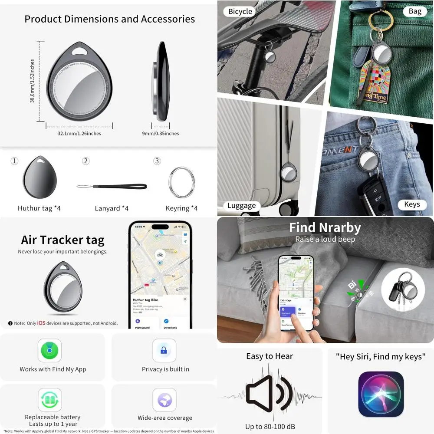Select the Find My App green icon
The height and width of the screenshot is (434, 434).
49,350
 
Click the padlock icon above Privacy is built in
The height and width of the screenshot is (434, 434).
164,350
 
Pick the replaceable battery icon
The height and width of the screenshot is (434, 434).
49,400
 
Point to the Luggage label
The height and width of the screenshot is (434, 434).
241,205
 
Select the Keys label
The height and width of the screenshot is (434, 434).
411,204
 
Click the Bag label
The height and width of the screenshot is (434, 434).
415,11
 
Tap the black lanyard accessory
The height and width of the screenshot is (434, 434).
112,187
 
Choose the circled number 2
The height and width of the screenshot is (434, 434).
86,161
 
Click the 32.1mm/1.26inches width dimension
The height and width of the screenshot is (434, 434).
79,134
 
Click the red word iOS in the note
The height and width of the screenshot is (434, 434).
41,323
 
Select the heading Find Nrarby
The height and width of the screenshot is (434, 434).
325,227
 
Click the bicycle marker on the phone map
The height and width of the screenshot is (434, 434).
160,255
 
